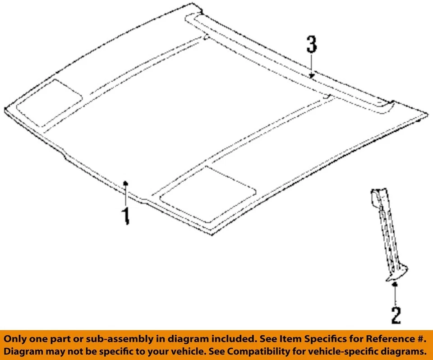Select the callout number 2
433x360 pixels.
click(x=396, y=314)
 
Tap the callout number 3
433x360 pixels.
click(x=312, y=46)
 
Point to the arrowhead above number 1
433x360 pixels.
click(x=126, y=183)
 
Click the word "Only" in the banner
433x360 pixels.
click(x=18, y=339)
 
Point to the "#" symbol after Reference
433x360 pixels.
click(x=421, y=339)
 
